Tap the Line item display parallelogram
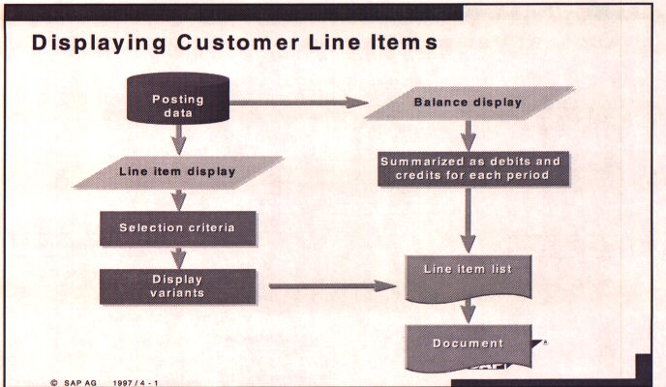pos(178,172)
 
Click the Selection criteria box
pos(178,228)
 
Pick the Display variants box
pos(178,286)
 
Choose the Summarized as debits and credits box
pos(470,168)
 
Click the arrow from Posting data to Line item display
pos(178,142)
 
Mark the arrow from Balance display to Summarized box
pos(469,134)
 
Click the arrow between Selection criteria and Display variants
pos(178,257)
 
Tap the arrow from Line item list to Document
pos(469,310)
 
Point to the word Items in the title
pos(401,44)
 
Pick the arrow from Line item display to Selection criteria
pos(178,200)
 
